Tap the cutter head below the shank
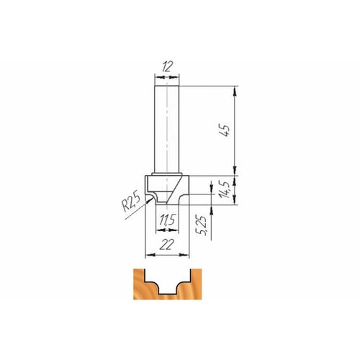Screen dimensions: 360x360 point(167,189)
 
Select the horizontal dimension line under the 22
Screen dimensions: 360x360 point(166,253)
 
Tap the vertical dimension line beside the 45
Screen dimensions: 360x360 point(235,131)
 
